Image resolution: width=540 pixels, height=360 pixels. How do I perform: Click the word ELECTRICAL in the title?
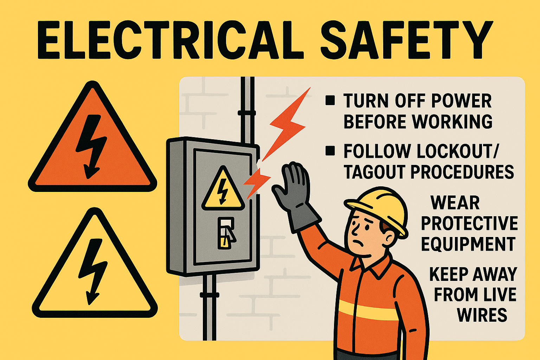point(170,40)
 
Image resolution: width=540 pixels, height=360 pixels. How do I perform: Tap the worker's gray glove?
point(295,195)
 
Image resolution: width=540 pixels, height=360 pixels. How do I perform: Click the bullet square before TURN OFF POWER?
point(330,101)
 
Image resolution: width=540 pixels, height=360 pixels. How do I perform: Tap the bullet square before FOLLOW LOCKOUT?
point(330,151)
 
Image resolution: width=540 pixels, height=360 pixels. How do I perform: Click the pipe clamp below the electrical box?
point(210,295)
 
